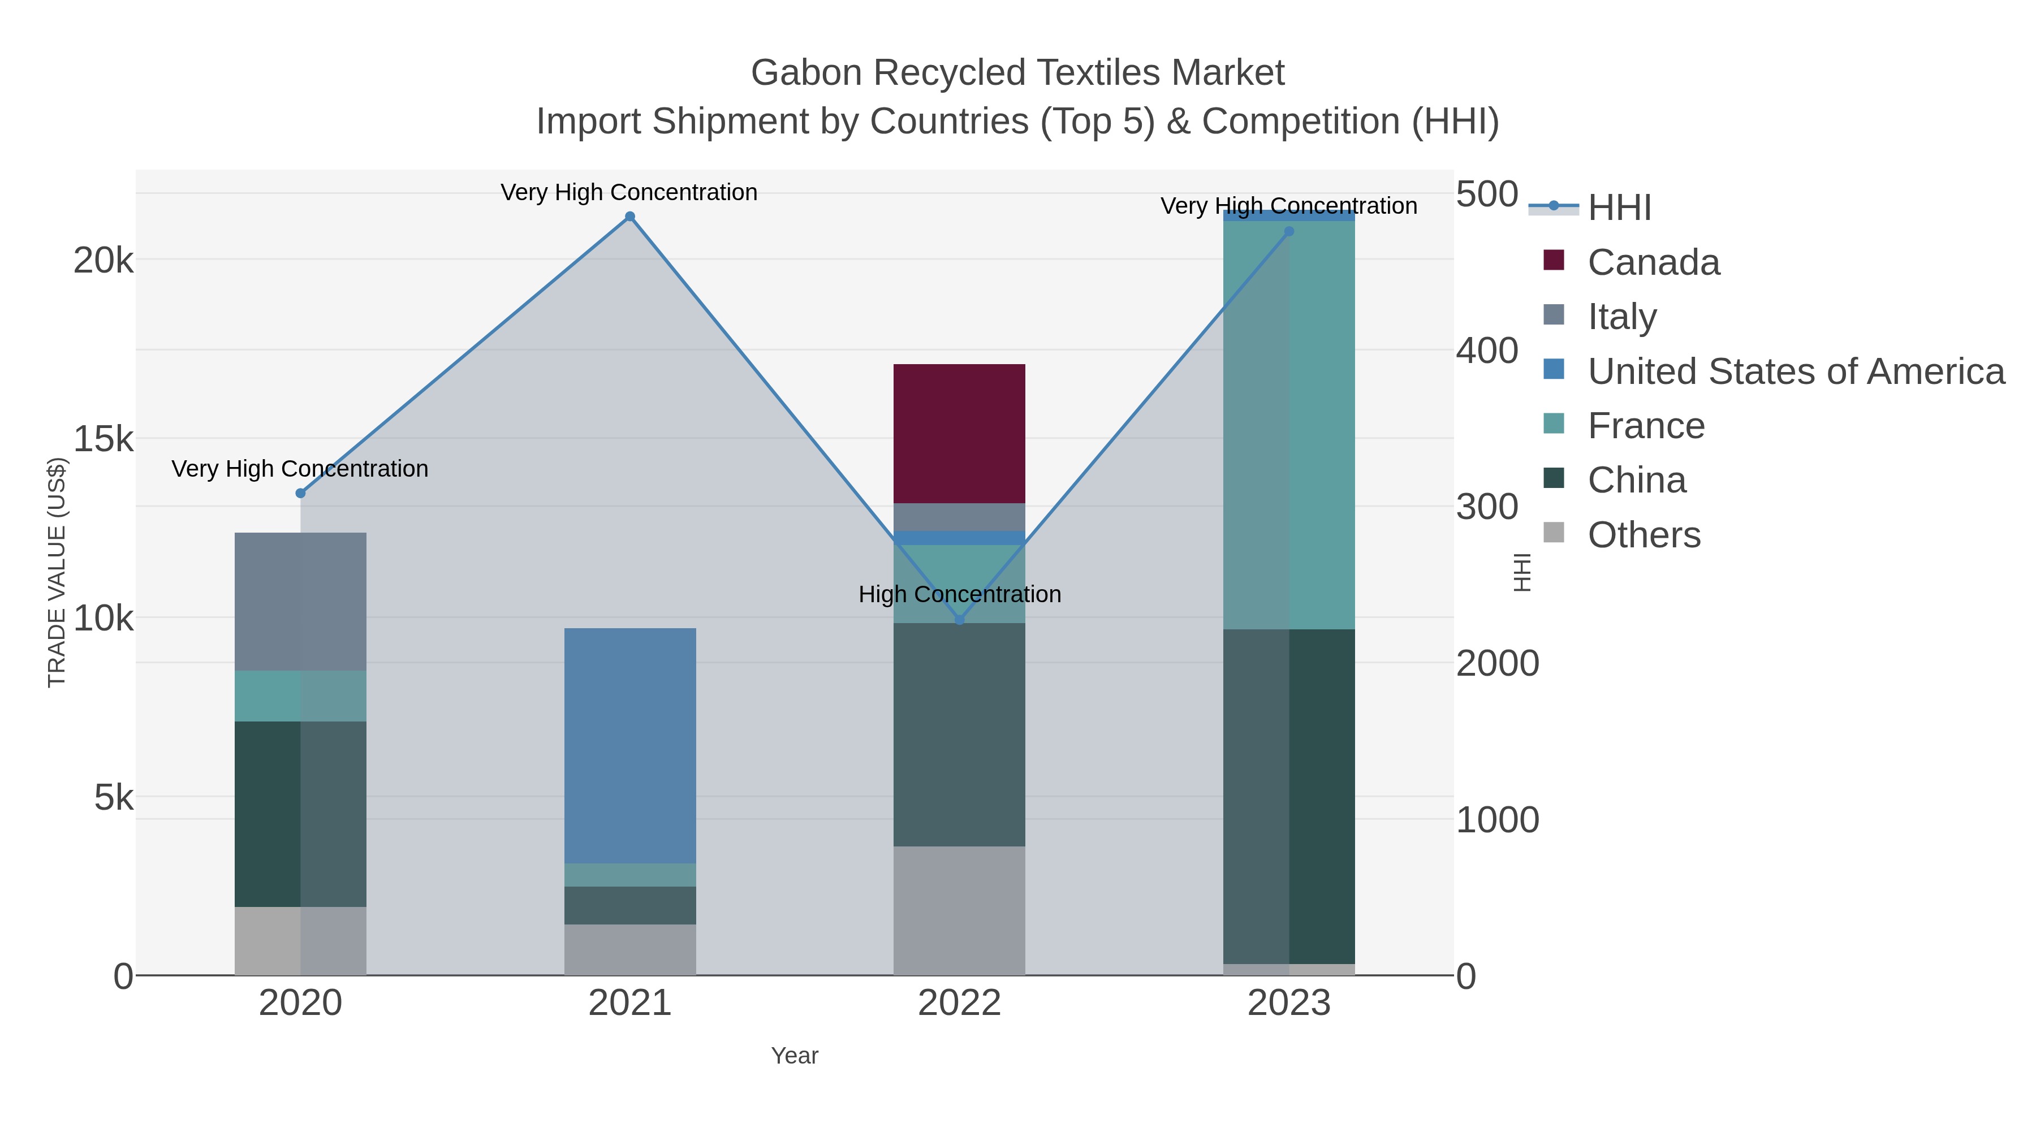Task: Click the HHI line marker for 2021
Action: pyautogui.click(x=630, y=217)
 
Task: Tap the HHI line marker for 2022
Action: pyautogui.click(x=960, y=620)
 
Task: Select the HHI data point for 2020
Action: pyautogui.click(x=300, y=493)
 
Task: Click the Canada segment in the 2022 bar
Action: pyautogui.click(x=960, y=433)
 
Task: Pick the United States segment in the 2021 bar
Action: pyautogui.click(x=630, y=745)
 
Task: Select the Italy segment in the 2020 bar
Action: pyautogui.click(x=300, y=602)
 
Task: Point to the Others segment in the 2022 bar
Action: pyautogui.click(x=960, y=910)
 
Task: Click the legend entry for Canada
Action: pyautogui.click(x=1654, y=262)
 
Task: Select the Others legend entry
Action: pyautogui.click(x=1644, y=535)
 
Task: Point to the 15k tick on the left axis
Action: pyautogui.click(x=103, y=439)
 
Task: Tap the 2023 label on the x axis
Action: pyautogui.click(x=1289, y=1004)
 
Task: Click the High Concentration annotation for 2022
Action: pyautogui.click(x=960, y=594)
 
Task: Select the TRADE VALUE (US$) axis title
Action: pyautogui.click(x=57, y=572)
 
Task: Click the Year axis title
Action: pyautogui.click(x=795, y=1056)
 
